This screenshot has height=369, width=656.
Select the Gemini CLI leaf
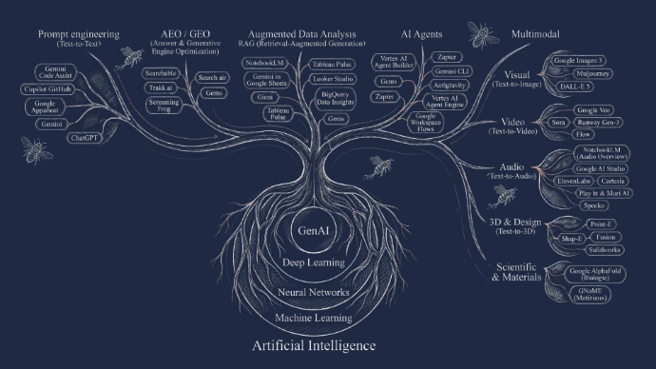tap(447, 72)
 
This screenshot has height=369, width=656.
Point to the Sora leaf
tap(559, 122)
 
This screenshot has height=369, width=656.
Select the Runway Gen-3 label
tap(596, 122)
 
